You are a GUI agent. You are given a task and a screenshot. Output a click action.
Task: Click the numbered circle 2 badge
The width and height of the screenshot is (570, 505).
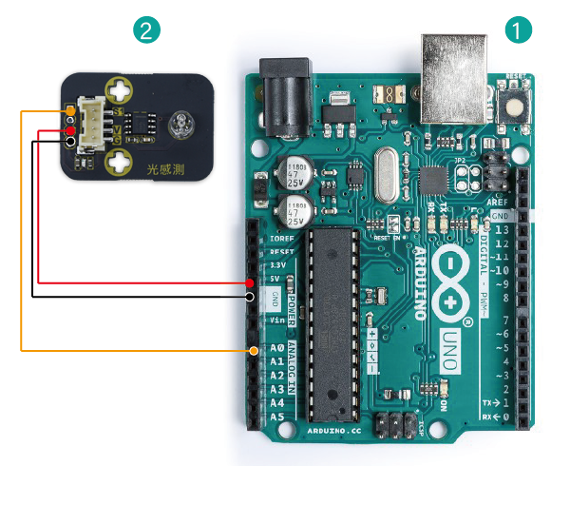pos(145,30)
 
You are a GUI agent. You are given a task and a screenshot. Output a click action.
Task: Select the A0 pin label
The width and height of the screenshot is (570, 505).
pos(277,349)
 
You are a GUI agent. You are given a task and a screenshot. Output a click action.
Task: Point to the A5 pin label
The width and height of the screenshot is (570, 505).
pos(277,417)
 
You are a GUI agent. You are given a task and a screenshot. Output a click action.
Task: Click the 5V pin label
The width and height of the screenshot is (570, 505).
pos(275,279)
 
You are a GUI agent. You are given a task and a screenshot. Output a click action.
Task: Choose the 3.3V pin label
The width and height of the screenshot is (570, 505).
pos(276,265)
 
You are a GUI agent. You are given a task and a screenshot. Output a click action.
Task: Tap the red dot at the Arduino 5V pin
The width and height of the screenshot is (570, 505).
pos(249,283)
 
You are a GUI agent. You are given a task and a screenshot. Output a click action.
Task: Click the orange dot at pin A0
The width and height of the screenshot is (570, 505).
pos(254,351)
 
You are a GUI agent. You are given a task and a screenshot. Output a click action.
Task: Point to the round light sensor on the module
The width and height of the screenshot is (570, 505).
pos(180,126)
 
